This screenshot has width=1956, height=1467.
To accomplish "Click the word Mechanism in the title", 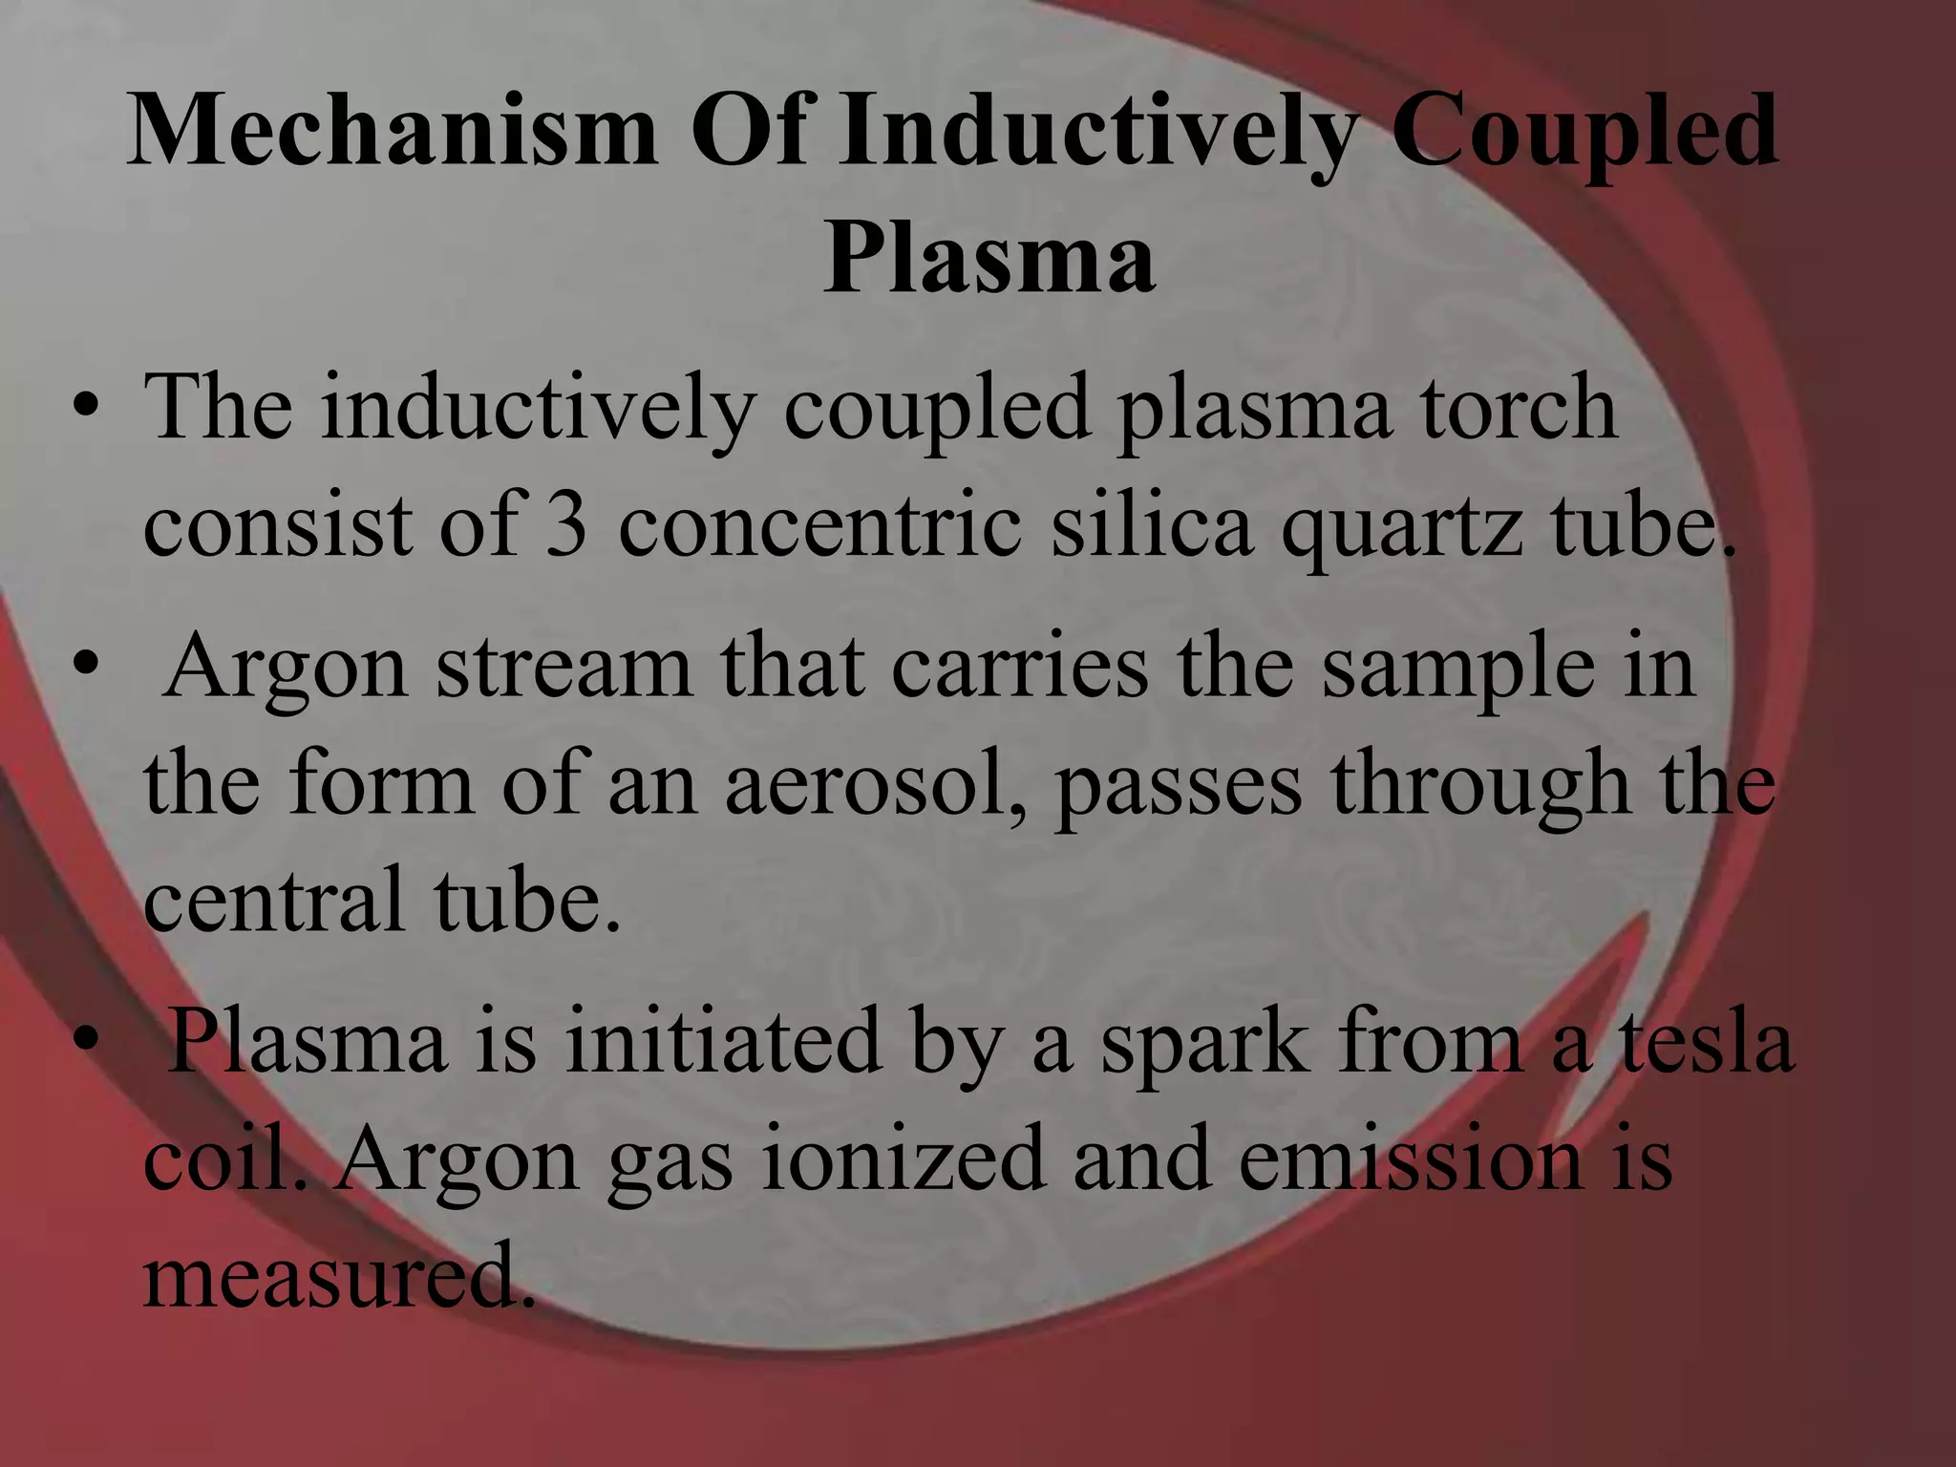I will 392,134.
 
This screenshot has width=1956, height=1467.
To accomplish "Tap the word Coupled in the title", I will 1584,134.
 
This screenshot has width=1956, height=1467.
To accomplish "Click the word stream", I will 564,666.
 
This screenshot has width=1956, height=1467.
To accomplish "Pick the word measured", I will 335,1277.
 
